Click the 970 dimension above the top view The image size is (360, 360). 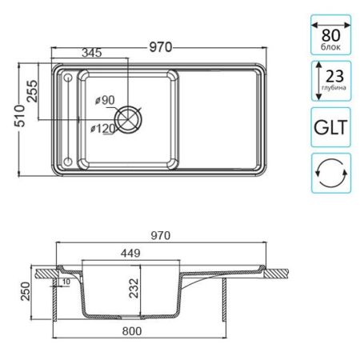click(x=158, y=46)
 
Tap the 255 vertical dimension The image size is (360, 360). click(x=33, y=93)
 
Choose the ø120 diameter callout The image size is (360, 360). click(x=104, y=128)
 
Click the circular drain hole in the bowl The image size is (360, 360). click(x=129, y=120)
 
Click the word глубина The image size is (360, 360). click(x=334, y=87)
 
